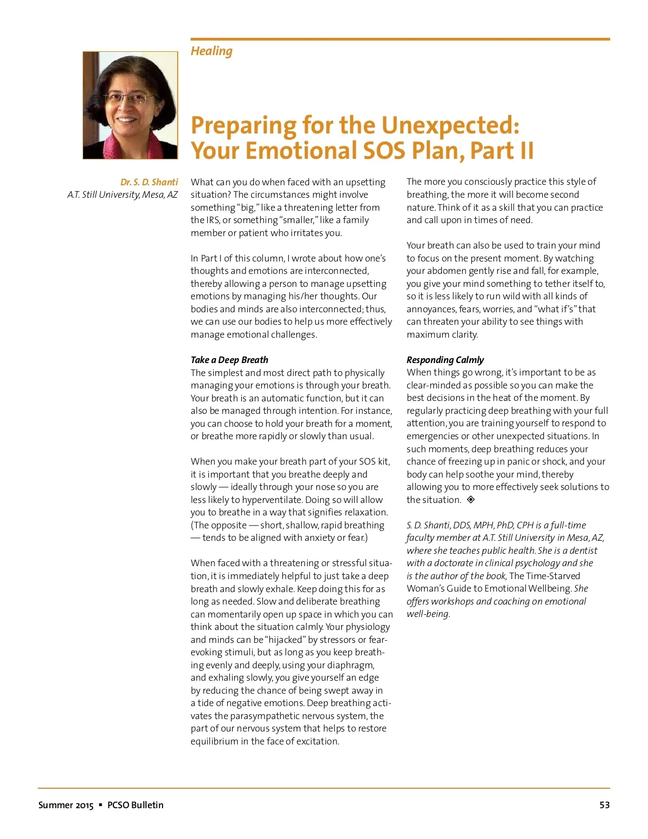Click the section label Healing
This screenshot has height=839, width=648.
211,51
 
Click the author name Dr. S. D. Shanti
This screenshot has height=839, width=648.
149,182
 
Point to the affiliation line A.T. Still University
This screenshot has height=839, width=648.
122,194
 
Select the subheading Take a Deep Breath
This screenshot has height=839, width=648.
229,360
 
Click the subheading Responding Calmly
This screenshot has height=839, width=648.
445,360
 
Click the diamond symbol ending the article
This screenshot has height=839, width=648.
471,500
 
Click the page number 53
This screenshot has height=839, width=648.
604,805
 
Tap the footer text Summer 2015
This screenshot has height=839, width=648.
66,805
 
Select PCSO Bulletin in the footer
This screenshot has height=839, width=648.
135,805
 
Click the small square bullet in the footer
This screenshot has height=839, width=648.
100,805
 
